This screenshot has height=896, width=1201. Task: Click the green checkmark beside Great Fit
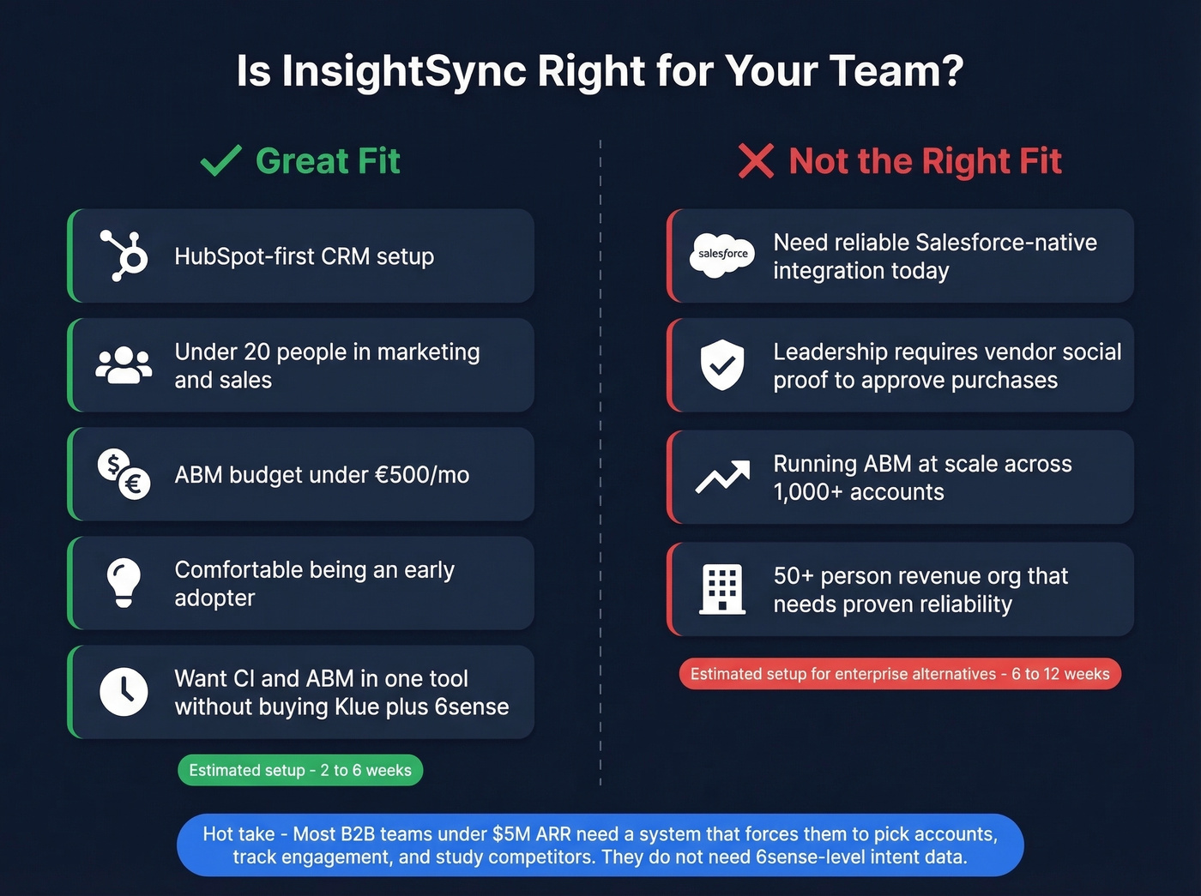220,160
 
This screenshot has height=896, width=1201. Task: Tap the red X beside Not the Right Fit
756,160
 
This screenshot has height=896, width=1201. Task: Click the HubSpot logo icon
124,256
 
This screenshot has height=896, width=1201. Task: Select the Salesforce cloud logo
722,255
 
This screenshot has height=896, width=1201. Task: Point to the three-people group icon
124,365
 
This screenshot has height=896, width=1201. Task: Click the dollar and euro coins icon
124,474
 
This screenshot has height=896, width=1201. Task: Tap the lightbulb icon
124,583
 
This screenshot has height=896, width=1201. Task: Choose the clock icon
124,691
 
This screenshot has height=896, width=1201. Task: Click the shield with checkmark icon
722,364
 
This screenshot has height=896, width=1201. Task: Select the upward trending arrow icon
722,477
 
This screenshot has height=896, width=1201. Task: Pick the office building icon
722,589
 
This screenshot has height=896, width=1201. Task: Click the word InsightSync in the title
403,70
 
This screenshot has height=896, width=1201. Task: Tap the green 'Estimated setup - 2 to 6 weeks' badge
300,770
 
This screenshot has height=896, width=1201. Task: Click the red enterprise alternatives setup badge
900,674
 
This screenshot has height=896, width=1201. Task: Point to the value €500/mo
426,475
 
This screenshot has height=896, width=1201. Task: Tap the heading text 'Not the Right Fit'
925,161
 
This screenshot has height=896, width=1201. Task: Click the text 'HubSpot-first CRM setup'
304,256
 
